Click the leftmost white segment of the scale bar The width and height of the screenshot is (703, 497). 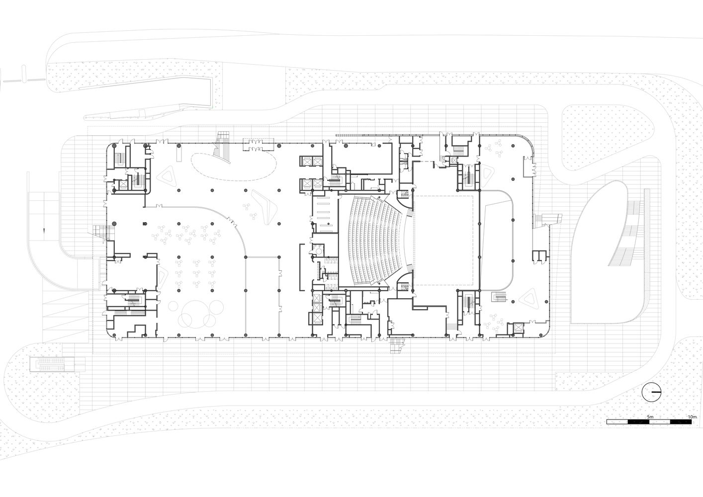click(x=617, y=421)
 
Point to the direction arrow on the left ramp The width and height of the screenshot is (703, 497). click(x=44, y=231)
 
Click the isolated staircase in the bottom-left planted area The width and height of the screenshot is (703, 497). click(x=53, y=364)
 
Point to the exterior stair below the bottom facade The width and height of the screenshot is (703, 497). click(x=397, y=345)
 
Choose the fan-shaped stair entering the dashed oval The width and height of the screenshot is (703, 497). click(x=223, y=148)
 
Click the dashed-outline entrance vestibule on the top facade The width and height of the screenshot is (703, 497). click(x=259, y=145)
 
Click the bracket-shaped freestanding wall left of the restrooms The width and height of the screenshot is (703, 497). click(x=302, y=266)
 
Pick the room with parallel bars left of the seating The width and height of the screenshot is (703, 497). click(x=325, y=214)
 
